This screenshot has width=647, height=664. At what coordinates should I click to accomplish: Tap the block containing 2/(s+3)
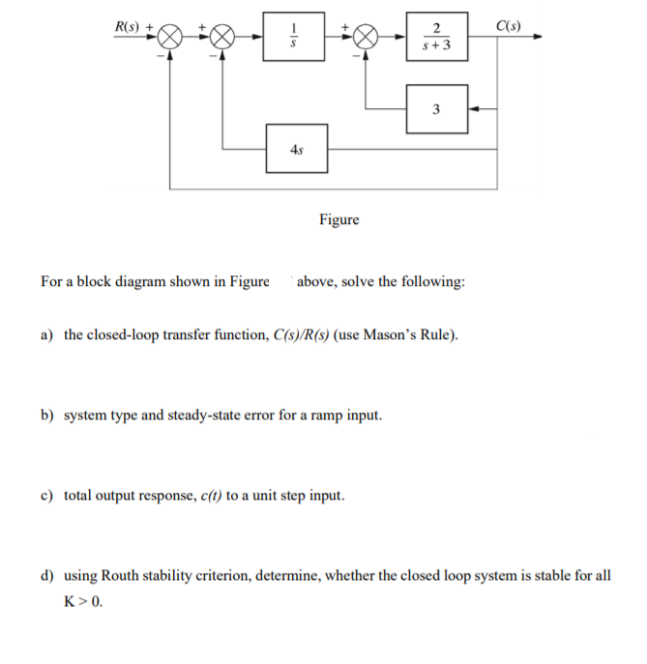coord(437,38)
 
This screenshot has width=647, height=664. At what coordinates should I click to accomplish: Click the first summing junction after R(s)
coord(170,38)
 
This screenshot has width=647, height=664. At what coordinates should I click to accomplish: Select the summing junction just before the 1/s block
coord(222,38)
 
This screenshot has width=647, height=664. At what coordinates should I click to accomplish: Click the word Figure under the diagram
coord(338,219)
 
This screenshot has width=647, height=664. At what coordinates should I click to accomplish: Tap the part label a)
coord(47,335)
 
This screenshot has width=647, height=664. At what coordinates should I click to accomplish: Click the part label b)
coord(47,416)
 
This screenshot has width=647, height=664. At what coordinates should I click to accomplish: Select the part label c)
coord(47,496)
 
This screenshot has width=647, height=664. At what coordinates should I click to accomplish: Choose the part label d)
coord(47,576)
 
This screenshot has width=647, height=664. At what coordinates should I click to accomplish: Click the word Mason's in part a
coord(389,335)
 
